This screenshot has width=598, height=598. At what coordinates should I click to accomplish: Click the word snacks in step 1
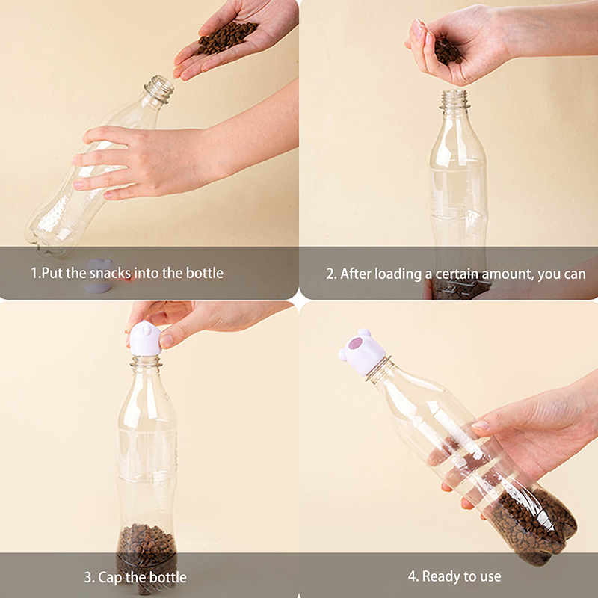(111, 273)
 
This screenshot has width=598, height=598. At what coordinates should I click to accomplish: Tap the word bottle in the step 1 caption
(204, 273)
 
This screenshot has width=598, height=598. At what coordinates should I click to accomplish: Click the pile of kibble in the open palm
(226, 37)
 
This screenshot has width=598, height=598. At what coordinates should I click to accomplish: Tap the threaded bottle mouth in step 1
(159, 88)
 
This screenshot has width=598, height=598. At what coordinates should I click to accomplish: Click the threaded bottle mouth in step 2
(454, 100)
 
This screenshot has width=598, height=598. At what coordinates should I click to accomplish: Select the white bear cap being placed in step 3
(145, 339)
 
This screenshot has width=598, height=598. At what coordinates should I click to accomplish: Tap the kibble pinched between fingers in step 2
(447, 52)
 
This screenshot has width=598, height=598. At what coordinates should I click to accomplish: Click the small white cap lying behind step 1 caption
(99, 275)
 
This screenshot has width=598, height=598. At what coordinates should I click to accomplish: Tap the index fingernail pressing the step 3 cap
(166, 340)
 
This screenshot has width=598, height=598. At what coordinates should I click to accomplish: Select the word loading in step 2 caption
(398, 274)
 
